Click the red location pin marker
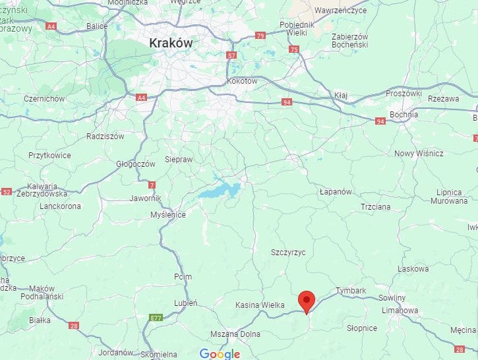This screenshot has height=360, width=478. coord(306,301)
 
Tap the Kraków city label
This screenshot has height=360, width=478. coord(171,43)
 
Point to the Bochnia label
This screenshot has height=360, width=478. coord(403,114)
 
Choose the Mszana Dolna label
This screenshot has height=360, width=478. coord(235,334)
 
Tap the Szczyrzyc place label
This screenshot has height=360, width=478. coord(289,253)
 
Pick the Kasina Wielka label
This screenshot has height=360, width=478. coord(260,305)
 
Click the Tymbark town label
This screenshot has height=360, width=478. coord(351,291)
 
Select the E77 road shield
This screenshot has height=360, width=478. coord(156,318)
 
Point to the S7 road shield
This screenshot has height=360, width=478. coord(231,55)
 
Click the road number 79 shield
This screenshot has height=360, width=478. coord(260,36)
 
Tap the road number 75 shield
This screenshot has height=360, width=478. coord(294,49)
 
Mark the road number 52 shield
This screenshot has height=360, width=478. coord(7,192)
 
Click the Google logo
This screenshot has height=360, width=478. coord(220,354)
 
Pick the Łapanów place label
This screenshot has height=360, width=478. coord(336,191)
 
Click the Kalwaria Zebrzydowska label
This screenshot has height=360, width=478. coord(47,190)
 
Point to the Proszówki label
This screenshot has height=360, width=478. coord(403,94)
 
